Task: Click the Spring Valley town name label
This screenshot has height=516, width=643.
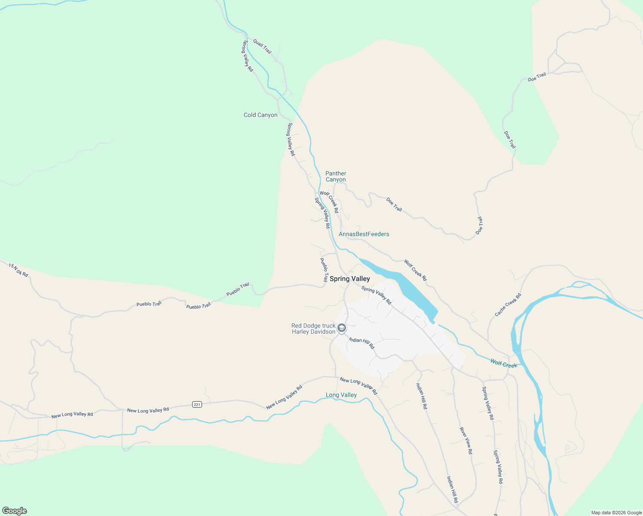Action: click(349, 279)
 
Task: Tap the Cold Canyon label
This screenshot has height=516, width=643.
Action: click(260, 115)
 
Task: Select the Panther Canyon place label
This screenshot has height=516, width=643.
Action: click(336, 176)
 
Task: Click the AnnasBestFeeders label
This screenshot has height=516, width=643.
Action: click(364, 234)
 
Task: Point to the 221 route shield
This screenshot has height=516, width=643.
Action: click(197, 404)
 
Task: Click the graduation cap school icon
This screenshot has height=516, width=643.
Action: click(342, 329)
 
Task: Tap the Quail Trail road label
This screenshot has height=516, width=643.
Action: click(262, 46)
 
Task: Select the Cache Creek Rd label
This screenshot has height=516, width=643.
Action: click(508, 305)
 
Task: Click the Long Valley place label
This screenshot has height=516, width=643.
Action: click(341, 395)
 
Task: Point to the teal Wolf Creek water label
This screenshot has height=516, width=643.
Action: click(504, 364)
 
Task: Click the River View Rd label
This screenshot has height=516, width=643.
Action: click(466, 441)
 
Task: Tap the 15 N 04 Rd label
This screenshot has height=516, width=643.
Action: click(18, 270)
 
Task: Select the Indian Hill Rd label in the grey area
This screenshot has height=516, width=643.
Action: click(361, 343)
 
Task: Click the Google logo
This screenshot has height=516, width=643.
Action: click(15, 511)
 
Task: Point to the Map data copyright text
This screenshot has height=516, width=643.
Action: click(616, 513)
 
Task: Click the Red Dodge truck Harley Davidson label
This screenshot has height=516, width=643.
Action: click(313, 329)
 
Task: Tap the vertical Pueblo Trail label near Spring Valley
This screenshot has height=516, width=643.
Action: click(324, 270)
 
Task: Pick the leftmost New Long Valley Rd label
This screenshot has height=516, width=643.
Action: click(72, 415)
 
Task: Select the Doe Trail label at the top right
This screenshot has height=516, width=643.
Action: click(537, 77)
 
